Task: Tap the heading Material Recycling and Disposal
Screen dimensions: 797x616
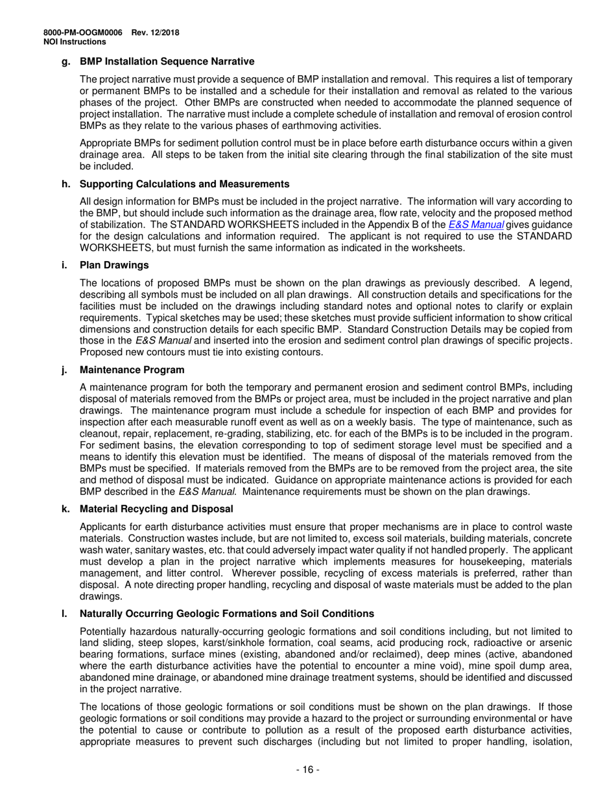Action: [156, 509]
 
